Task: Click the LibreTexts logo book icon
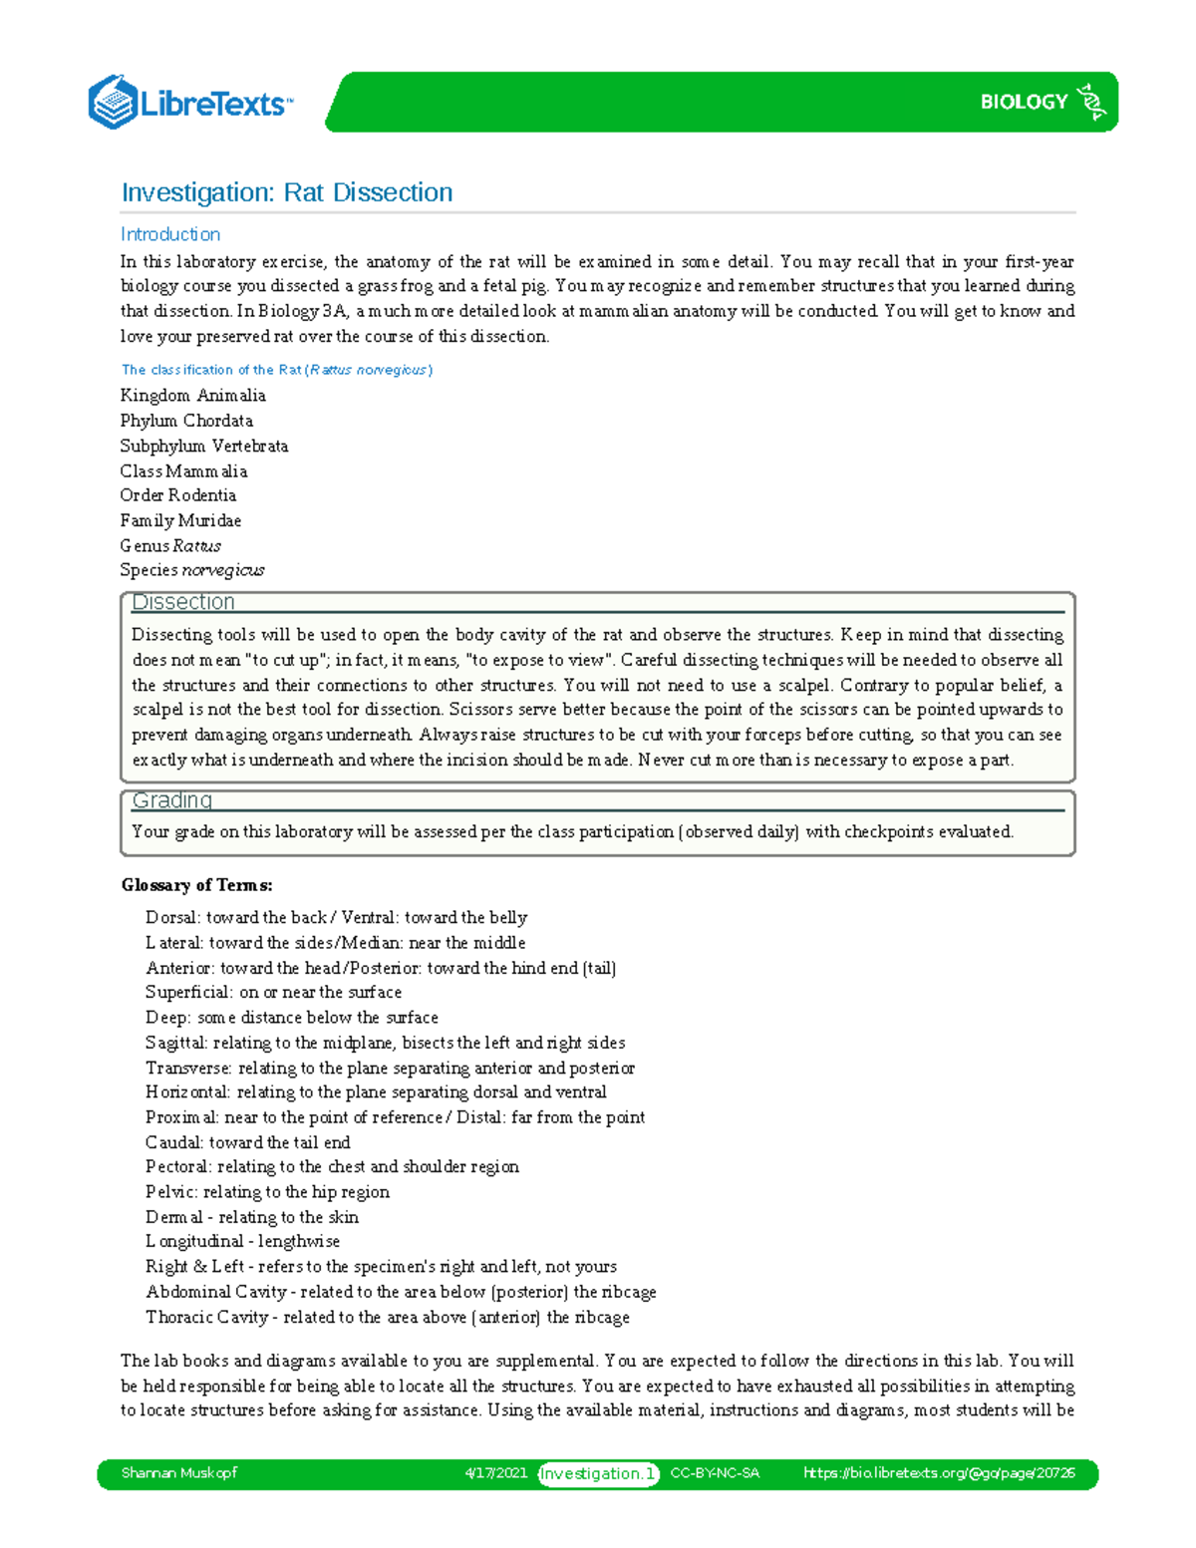point(113,102)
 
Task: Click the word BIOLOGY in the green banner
point(1024,102)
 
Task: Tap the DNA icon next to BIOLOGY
point(1092,102)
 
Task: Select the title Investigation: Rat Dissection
point(287,192)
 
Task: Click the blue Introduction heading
point(170,234)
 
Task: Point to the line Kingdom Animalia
point(192,396)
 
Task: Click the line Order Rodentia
point(178,495)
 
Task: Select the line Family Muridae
point(180,520)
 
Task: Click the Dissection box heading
point(183,602)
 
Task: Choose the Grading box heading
point(172,800)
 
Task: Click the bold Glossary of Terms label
point(196,885)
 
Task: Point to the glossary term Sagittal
point(175,1043)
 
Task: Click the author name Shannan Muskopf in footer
point(178,1473)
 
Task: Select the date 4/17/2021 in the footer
point(495,1473)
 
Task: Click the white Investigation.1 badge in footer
point(598,1473)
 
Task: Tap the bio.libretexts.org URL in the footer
point(939,1473)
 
